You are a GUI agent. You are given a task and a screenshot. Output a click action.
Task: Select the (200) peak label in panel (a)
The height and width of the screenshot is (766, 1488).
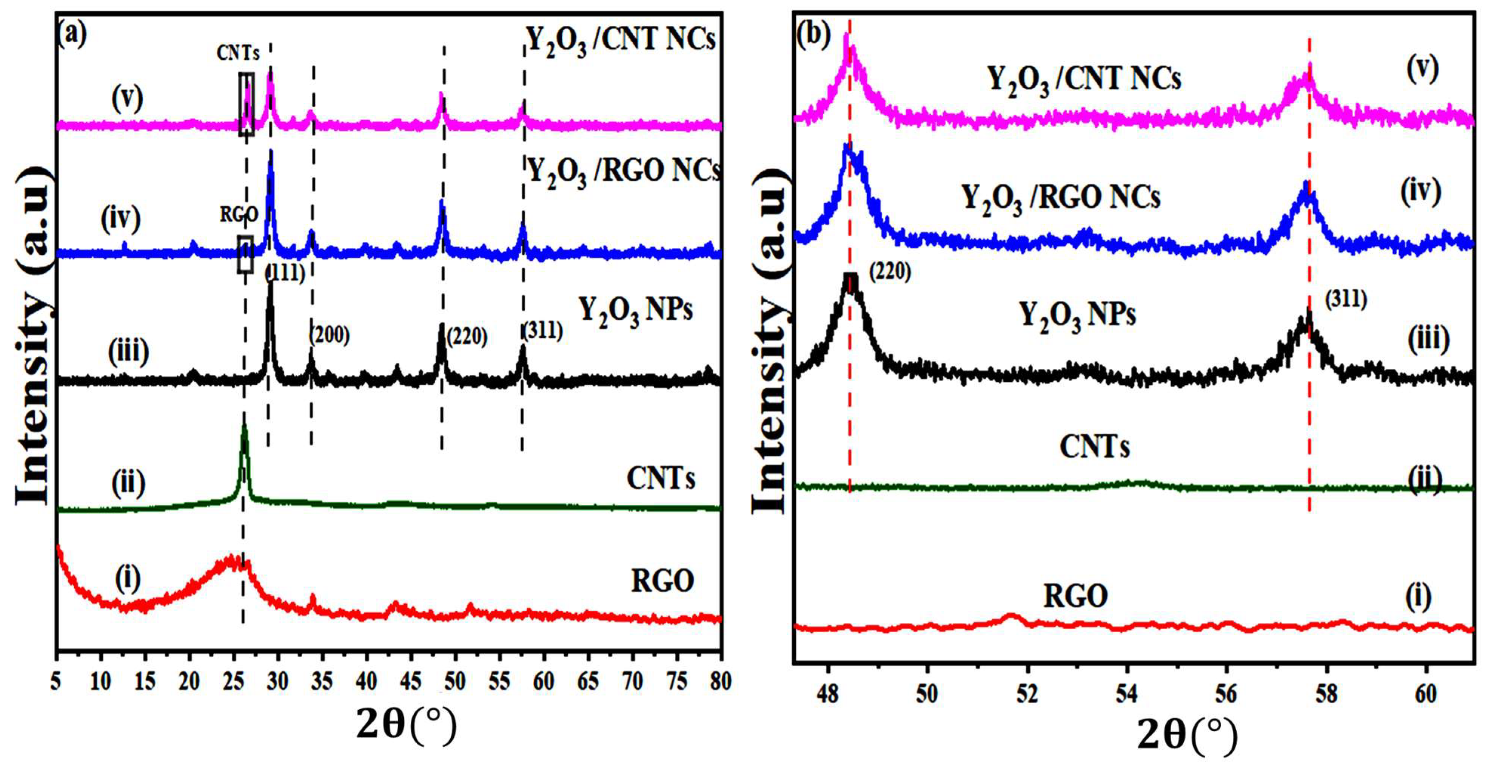[330, 335]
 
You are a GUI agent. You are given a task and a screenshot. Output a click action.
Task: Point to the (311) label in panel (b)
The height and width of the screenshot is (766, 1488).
[1346, 299]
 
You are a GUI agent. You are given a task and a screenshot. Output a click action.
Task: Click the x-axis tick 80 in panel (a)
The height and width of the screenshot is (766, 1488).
[720, 682]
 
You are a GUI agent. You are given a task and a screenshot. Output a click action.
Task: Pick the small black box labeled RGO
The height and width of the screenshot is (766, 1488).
[245, 254]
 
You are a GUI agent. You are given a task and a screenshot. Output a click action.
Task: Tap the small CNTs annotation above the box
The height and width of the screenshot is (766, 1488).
[238, 53]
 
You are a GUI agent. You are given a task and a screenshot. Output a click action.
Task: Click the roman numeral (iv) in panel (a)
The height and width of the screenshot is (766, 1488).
[121, 219]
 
